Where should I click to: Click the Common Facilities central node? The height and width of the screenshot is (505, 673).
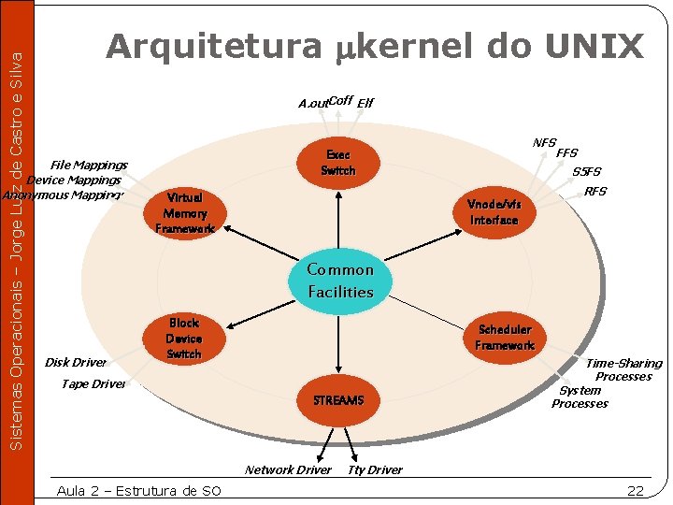point(340,281)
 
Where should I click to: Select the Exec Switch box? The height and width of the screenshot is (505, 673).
point(337,163)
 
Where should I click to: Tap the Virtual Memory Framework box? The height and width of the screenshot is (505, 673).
point(184,213)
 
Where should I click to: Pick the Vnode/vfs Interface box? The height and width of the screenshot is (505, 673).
point(494,212)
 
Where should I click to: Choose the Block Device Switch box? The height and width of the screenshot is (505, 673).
point(184,339)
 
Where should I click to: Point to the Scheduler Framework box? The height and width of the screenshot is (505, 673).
point(505,337)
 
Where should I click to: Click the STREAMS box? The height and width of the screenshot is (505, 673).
point(338,400)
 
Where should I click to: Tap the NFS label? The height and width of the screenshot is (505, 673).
point(544,142)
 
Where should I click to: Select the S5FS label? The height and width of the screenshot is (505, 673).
point(587,171)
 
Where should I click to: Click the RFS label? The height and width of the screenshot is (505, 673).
point(595,192)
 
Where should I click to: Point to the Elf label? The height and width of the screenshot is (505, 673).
point(365,104)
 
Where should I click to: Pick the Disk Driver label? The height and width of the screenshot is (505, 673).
point(76,362)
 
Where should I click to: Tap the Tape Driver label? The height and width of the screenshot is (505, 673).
point(93,383)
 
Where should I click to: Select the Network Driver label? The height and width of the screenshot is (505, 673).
point(288,469)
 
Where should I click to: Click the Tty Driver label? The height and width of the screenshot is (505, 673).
point(375,469)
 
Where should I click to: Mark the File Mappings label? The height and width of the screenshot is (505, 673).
point(89,165)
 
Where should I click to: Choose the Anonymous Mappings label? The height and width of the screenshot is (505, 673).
point(63,195)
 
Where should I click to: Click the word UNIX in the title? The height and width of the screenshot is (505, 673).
point(594,46)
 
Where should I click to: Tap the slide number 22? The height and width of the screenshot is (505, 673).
point(636,491)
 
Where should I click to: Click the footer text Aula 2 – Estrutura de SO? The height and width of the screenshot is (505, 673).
point(139,491)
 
